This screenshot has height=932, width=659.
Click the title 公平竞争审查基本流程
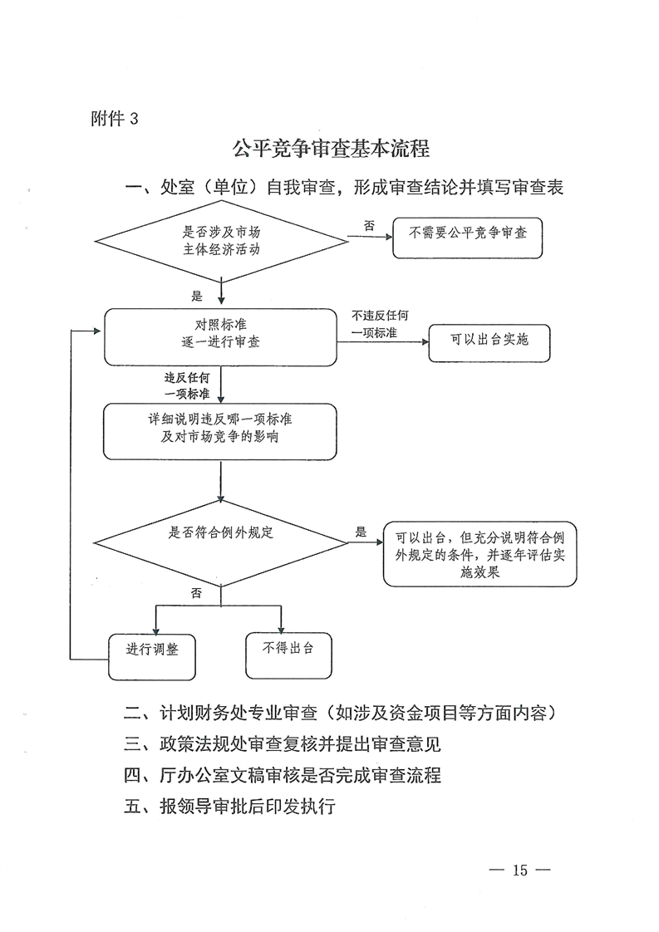tap(331, 149)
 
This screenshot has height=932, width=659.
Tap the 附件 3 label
tap(114, 119)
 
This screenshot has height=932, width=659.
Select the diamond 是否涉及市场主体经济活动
tap(221, 242)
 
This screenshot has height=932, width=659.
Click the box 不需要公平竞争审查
tap(468, 238)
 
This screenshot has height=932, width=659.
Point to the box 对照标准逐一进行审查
tap(221, 337)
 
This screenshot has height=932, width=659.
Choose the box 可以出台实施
tap(489, 343)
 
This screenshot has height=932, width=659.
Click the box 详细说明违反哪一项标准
tap(220, 431)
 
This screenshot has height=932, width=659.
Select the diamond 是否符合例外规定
tap(221, 543)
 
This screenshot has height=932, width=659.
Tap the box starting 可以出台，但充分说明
tap(480, 554)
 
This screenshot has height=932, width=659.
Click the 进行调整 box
tap(152, 656)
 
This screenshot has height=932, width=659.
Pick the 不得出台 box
tap(288, 655)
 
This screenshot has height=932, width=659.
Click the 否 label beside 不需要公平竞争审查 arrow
tap(369, 226)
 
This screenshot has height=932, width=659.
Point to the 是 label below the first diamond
tap(197, 296)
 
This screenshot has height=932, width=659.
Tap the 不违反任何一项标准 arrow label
tap(380, 324)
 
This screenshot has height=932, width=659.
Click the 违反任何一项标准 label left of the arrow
tap(187, 385)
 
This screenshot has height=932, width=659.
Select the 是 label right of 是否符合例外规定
tap(361, 532)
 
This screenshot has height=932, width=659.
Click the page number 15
tap(520, 871)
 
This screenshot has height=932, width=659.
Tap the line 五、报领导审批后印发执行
tap(229, 807)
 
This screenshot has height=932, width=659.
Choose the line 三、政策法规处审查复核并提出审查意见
tap(282, 744)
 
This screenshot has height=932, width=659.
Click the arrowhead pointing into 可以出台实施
tap(425, 341)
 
